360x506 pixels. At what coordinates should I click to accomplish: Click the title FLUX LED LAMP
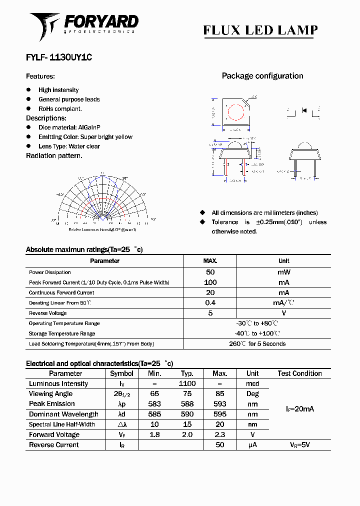pos(260,30)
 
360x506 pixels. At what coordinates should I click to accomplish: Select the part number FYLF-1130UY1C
pos(58,57)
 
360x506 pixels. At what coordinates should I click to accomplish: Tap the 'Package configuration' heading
pos(262,76)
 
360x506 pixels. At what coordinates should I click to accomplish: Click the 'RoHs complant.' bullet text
pos(60,108)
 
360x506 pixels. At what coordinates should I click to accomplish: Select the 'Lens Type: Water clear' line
pos(69,146)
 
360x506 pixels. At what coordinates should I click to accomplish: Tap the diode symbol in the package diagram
pos(303,111)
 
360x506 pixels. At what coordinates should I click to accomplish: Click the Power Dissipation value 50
pos(210,272)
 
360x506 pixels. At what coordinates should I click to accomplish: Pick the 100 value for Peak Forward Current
pos(210,282)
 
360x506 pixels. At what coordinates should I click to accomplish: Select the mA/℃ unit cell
pos(283,303)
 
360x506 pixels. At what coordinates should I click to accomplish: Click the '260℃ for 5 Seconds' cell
pos(257,344)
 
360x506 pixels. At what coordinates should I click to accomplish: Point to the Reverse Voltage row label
pos(47,313)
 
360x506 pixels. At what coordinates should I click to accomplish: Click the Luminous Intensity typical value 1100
pos(187,384)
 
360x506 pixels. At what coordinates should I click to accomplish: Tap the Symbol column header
pos(121,373)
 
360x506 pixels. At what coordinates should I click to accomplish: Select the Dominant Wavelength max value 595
pos(219,414)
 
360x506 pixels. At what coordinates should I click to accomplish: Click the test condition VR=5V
pos(299,445)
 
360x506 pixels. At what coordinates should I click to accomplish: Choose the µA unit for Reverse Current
pos(252,445)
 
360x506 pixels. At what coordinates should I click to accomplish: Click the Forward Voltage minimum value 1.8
pos(154,435)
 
